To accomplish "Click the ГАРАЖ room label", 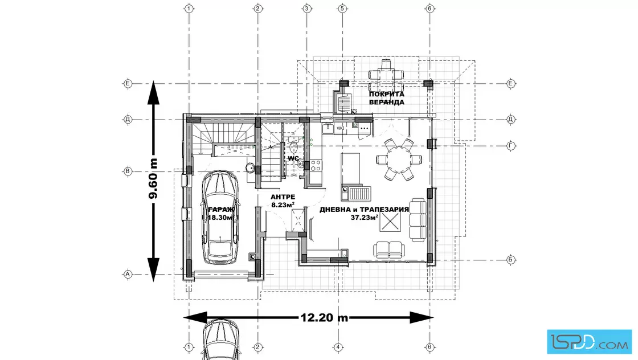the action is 222,210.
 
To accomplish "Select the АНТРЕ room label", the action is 283,197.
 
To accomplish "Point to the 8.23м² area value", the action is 283,205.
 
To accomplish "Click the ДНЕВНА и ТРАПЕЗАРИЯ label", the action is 364,210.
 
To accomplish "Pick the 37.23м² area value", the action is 364,217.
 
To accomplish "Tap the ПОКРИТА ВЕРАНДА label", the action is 387,98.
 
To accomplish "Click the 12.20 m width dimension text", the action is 324,317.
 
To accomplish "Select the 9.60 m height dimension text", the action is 153,179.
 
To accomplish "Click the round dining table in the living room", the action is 399,159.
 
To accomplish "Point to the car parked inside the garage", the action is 220,218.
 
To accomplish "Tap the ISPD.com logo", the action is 589,342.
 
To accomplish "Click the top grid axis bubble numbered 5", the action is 342,8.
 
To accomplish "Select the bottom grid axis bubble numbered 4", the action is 338,347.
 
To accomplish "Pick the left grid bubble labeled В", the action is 128,171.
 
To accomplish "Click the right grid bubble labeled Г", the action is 511,146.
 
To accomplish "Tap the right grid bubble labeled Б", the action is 511,260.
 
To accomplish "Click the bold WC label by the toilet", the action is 293,158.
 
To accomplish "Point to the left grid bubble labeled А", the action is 128,274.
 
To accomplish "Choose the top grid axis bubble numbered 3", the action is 307,8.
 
